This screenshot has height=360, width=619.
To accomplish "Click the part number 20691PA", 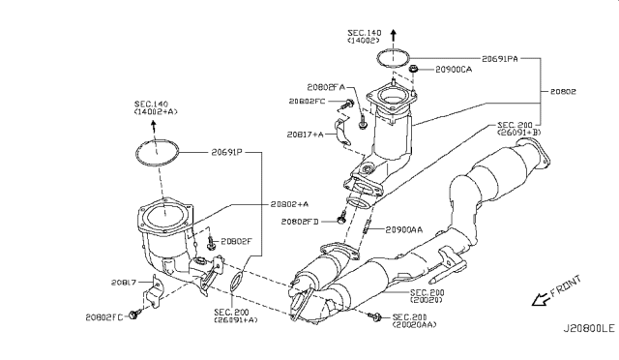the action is pos(499,59).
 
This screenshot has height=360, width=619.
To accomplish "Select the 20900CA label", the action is pos(454,70).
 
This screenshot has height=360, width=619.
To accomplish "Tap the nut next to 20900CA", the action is pos(414,69).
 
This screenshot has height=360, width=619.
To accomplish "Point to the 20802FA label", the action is pos(326,87).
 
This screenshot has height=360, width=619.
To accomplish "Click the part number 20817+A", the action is pos(305,135).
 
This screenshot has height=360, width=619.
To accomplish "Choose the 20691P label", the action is pos(226,152).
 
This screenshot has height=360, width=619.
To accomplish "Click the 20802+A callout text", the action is pos(289,204).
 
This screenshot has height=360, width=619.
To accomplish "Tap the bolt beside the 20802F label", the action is pos(211,243).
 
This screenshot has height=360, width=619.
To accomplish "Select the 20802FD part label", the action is pos(300,222).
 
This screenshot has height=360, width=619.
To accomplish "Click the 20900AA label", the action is pos(404,229).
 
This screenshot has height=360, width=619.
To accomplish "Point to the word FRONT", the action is pos(566,285).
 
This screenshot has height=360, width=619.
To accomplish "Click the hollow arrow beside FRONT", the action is pos(541,300).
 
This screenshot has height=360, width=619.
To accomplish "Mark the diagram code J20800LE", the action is pos(589,328).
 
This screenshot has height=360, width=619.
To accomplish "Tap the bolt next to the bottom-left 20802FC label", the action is pos(133,315).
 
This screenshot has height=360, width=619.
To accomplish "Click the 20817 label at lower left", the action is pos(124,283).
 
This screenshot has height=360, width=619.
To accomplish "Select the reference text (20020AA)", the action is pos(414,325).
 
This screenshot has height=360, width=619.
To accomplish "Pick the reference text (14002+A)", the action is pos(156,112).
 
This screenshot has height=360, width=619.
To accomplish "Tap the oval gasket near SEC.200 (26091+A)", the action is pos(235,282).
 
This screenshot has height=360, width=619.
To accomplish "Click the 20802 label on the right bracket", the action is pos(563,92).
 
